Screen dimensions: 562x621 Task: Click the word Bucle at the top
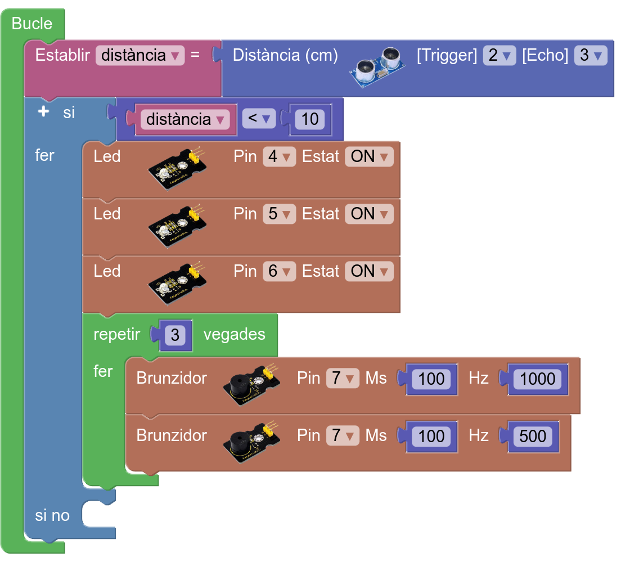click(x=31, y=24)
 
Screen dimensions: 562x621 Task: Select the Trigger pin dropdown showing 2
click(x=499, y=55)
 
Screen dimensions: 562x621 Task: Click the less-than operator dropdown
click(x=258, y=119)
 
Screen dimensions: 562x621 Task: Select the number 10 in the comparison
click(x=309, y=119)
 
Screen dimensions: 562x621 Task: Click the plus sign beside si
click(x=43, y=112)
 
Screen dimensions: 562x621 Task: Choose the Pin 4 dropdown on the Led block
click(x=279, y=156)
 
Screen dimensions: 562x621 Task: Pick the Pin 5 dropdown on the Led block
click(x=279, y=214)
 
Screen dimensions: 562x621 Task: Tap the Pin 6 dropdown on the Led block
click(x=279, y=271)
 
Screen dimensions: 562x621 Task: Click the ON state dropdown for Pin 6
click(x=369, y=271)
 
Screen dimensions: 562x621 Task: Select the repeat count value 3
click(x=175, y=335)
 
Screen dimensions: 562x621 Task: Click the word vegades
click(x=234, y=334)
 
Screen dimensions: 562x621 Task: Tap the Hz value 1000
click(x=537, y=379)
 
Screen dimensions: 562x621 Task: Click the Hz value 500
click(x=532, y=436)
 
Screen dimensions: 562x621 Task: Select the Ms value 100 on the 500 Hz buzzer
click(x=431, y=436)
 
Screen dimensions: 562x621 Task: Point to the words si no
click(x=52, y=515)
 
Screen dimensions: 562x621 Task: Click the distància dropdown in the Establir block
click(x=140, y=55)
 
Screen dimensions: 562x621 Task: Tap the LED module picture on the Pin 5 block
click(x=175, y=226)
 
